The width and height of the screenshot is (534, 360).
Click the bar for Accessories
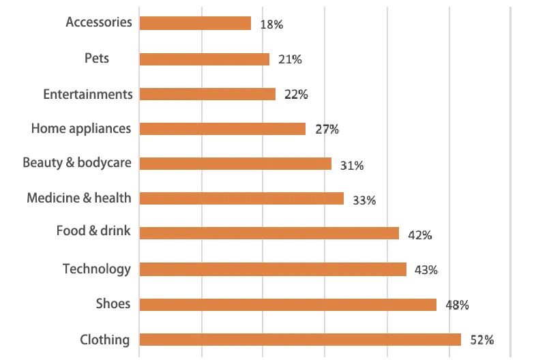(x=195, y=23)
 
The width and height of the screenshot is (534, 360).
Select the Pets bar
(x=205, y=59)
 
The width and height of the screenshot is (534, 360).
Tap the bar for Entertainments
(x=207, y=94)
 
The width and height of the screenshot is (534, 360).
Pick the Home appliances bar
(x=222, y=129)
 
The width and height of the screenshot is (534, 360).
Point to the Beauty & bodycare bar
(x=235, y=164)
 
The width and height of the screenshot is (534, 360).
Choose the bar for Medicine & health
(x=241, y=198)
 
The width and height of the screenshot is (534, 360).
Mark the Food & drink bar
(x=269, y=233)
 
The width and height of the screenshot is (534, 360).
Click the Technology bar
(x=273, y=269)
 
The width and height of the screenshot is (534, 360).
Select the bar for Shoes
(x=288, y=305)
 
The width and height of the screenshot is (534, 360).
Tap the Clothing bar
(x=300, y=340)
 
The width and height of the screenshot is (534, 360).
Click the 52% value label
(x=481, y=340)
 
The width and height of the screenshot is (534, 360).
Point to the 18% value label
(x=271, y=25)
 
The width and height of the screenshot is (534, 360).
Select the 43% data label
(x=426, y=270)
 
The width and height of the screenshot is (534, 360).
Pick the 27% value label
(x=327, y=130)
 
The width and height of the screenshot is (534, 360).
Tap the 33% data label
(x=365, y=200)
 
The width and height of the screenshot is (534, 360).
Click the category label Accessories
(x=99, y=22)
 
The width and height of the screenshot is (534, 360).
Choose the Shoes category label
(x=113, y=303)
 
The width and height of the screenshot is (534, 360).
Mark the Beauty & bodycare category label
(x=77, y=163)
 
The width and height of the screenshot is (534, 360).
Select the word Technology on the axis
(x=96, y=269)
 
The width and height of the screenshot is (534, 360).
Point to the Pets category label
(x=97, y=58)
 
